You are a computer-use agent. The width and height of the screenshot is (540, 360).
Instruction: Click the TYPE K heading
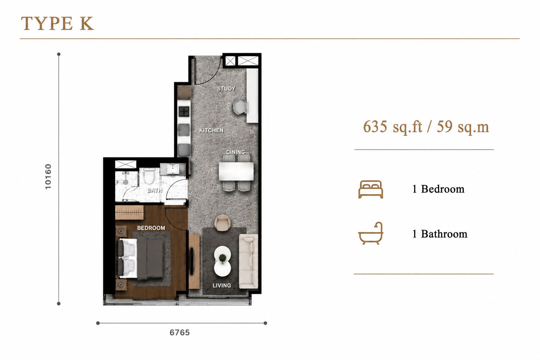57,24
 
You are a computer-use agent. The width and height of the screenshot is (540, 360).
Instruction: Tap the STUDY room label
226,89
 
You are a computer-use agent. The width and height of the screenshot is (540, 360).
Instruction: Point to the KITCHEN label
211,130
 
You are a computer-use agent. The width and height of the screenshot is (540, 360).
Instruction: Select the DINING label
235,152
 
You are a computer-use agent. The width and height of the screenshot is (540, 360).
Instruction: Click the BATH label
155,191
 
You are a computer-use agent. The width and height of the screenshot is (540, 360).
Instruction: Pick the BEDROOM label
151,228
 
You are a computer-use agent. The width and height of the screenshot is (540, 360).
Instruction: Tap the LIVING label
222,285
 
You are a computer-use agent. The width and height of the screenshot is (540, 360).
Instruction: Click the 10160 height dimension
48,176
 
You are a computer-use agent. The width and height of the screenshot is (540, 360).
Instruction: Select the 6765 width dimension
180,333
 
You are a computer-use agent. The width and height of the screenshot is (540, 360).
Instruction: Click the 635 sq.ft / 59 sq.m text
426,127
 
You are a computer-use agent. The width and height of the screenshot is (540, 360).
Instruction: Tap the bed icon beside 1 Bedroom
371,189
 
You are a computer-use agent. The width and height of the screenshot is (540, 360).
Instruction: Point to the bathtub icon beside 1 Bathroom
371,233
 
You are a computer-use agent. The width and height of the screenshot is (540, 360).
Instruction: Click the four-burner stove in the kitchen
184,111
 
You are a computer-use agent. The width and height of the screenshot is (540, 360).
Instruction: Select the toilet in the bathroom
149,176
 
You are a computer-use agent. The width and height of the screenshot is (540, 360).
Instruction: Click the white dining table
236,171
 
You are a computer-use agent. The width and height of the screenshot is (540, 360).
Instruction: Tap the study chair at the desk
240,107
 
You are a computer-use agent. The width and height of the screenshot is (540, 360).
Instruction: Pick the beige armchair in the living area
222,223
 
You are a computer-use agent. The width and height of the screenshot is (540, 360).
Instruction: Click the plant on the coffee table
222,258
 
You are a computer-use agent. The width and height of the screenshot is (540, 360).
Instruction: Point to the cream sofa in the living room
248,261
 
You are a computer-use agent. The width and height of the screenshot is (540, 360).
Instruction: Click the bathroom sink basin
173,169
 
